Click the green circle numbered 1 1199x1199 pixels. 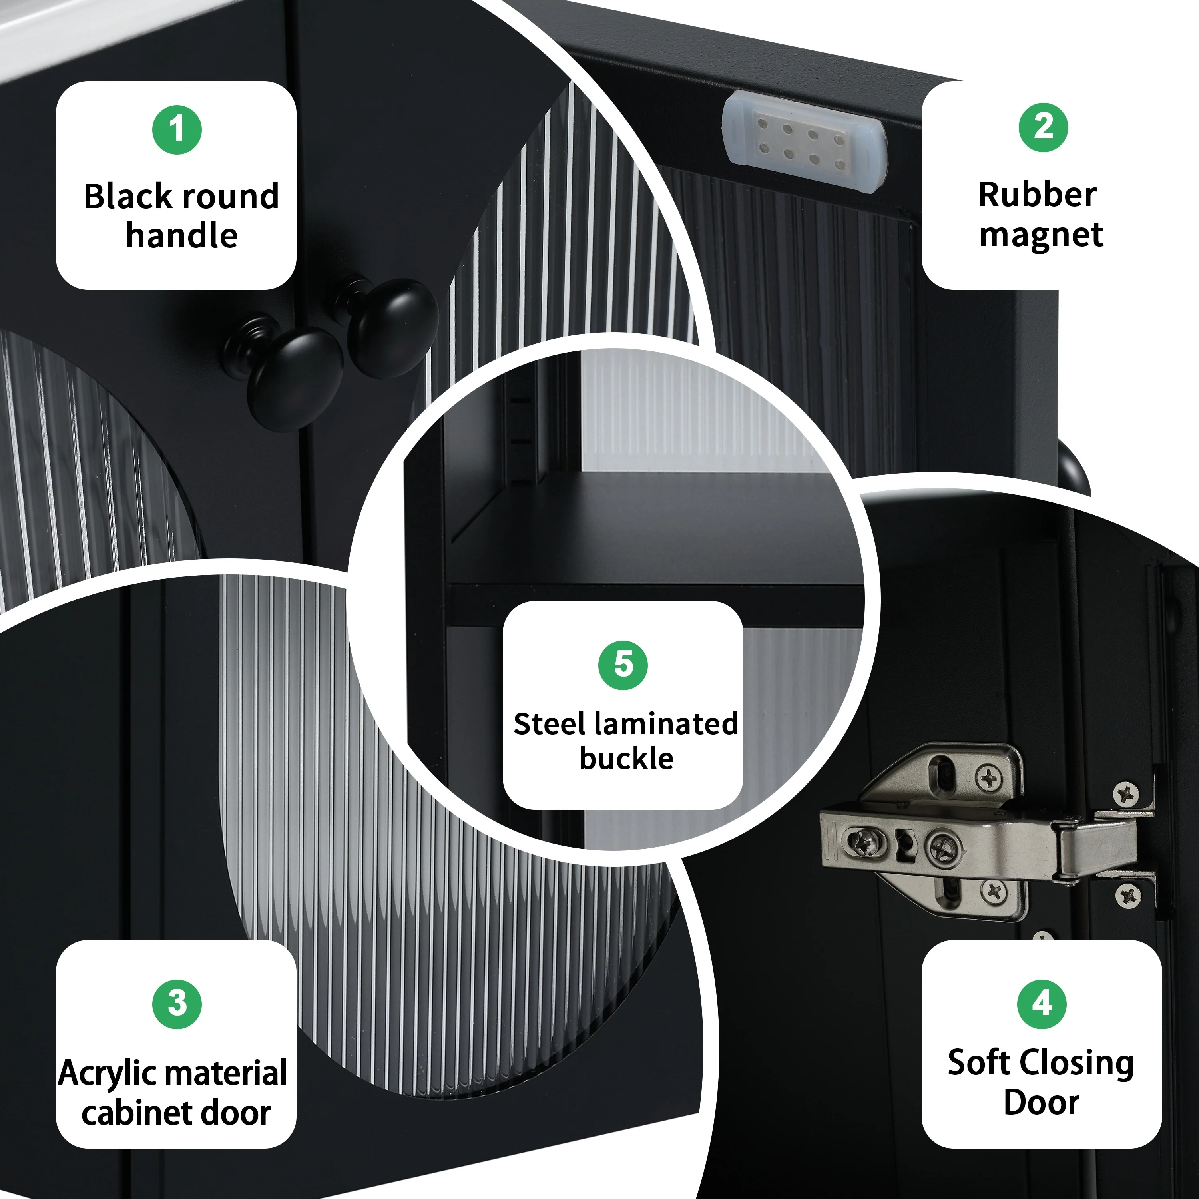coord(177,130)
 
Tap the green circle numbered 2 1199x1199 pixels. coord(1043,127)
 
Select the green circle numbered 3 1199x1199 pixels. coord(177,1004)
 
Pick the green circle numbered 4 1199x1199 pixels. coord(1042,1004)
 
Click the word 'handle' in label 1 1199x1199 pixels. coord(182,235)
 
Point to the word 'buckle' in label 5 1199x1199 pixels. coord(626,759)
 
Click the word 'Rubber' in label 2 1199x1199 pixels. coord(1038,195)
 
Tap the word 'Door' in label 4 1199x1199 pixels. coord(1042,1103)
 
